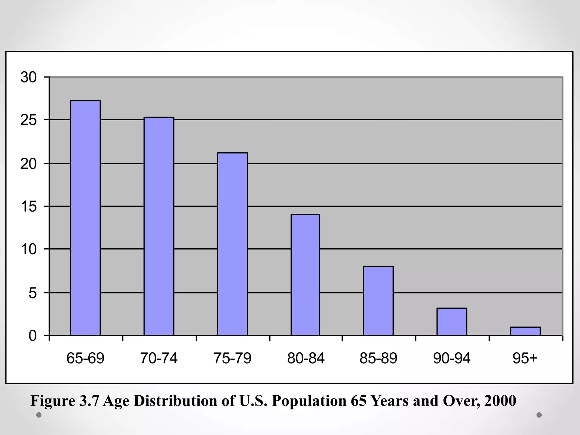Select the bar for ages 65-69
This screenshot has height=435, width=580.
pyautogui.click(x=85, y=218)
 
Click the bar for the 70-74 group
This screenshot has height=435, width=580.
pyautogui.click(x=159, y=226)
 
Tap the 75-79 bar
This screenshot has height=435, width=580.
pyautogui.click(x=232, y=244)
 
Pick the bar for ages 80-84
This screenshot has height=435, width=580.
pyautogui.click(x=305, y=275)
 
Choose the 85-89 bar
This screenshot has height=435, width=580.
pyautogui.click(x=378, y=301)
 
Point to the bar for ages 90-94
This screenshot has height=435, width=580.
pyautogui.click(x=452, y=322)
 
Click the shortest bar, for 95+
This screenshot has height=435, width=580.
pyautogui.click(x=525, y=331)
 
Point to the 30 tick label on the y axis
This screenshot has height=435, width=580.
pyautogui.click(x=29, y=77)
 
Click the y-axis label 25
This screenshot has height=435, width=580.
pyautogui.click(x=29, y=120)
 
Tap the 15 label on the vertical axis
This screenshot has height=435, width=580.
pyautogui.click(x=29, y=207)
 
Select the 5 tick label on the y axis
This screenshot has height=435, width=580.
pyautogui.click(x=33, y=293)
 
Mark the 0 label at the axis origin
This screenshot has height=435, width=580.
pyautogui.click(x=33, y=336)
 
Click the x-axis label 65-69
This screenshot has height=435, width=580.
pyautogui.click(x=85, y=358)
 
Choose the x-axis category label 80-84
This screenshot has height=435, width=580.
pyautogui.click(x=306, y=358)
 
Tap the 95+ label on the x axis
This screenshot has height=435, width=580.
pyautogui.click(x=525, y=358)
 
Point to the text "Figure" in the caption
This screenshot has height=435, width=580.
pyautogui.click(x=53, y=401)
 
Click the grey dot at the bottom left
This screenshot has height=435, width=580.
pyautogui.click(x=39, y=415)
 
